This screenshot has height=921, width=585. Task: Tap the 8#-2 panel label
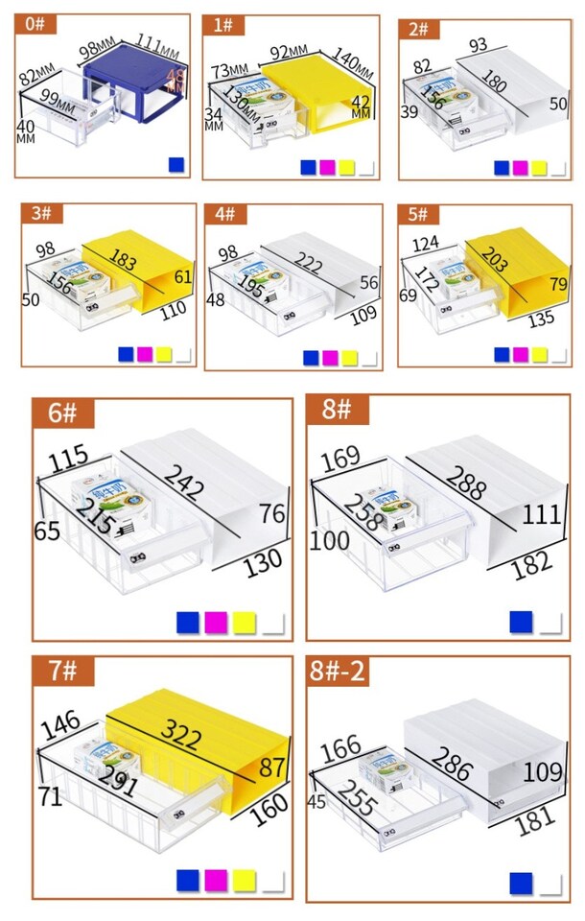(337, 671)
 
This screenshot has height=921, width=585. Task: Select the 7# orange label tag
(62, 670)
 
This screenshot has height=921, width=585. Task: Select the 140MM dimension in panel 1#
(350, 62)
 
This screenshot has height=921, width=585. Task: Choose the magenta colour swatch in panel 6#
(216, 622)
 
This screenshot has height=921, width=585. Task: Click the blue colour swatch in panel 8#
(520, 622)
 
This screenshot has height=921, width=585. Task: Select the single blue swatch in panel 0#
(175, 165)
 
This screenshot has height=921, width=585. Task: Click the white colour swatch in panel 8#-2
(550, 882)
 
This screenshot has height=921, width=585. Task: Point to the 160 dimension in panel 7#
(269, 801)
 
